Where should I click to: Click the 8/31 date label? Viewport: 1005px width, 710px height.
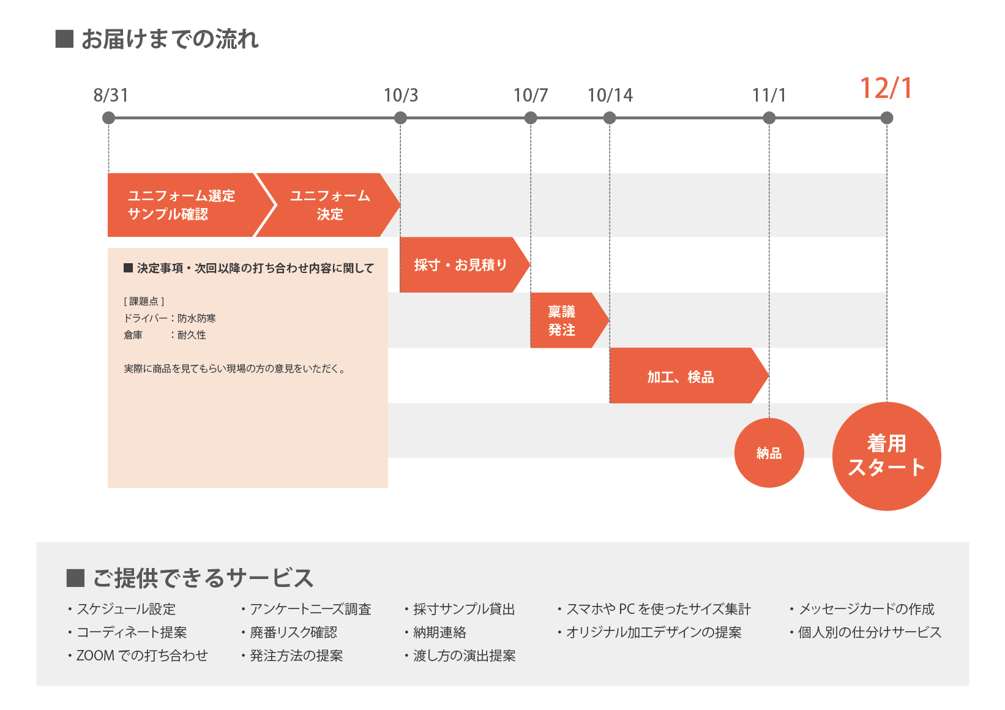[x=111, y=95]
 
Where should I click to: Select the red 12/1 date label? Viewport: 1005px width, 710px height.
[x=886, y=88]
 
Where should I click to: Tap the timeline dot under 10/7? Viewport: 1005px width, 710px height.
[x=530, y=118]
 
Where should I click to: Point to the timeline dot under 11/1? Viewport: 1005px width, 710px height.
[x=769, y=118]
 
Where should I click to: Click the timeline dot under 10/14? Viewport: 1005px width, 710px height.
[x=609, y=118]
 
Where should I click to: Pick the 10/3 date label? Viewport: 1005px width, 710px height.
[x=401, y=95]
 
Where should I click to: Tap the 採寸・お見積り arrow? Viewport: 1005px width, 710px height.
[x=465, y=265]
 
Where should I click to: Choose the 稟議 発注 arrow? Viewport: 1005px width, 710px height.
[x=569, y=321]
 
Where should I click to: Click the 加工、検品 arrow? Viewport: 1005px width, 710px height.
[x=688, y=376]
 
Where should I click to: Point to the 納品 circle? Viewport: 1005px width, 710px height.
[x=769, y=453]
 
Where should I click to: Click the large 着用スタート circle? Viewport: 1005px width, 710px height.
[x=886, y=456]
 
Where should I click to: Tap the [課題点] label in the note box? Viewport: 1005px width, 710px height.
[x=144, y=301]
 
